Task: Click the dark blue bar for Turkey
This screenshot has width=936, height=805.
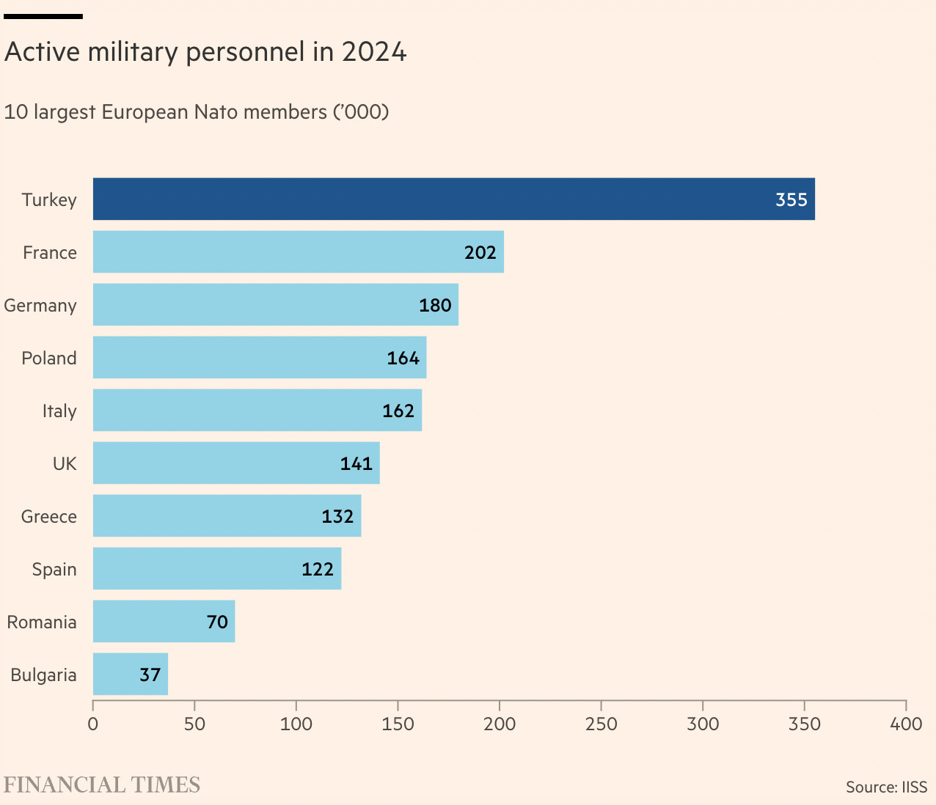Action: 453,199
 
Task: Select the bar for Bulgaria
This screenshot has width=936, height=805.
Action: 130,674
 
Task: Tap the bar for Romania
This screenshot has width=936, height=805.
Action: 164,621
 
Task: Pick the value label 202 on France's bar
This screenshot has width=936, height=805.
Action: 480,252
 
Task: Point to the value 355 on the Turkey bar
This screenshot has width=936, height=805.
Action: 791,199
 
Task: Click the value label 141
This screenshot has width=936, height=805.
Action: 357,463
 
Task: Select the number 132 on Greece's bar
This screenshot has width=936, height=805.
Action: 337,516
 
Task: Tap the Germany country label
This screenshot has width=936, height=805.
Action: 40,306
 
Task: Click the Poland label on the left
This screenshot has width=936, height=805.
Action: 49,358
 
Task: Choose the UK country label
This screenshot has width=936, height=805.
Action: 65,463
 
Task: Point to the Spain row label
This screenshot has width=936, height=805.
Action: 54,569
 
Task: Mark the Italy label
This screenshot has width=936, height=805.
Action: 59,411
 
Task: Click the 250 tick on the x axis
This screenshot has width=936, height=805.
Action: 601,724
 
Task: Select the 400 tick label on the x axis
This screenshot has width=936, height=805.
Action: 906,724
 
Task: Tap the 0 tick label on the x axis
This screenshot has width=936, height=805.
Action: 93,724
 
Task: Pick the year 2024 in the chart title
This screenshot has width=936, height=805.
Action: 374,52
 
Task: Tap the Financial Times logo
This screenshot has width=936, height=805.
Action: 102,784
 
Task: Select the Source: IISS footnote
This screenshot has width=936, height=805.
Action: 886,787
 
